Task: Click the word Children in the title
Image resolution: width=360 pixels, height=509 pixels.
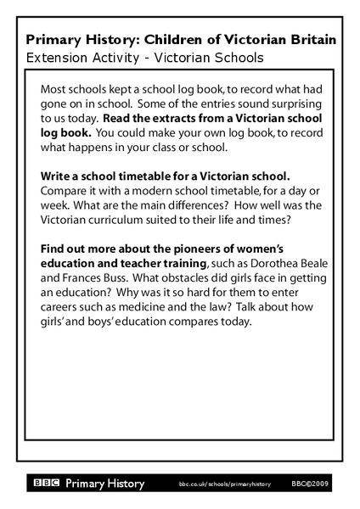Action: tap(173, 40)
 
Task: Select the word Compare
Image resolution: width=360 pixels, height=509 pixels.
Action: tap(66, 191)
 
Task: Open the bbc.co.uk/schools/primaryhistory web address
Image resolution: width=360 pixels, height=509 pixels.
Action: tap(224, 484)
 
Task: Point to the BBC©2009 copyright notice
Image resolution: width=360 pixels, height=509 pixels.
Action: tap(310, 484)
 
